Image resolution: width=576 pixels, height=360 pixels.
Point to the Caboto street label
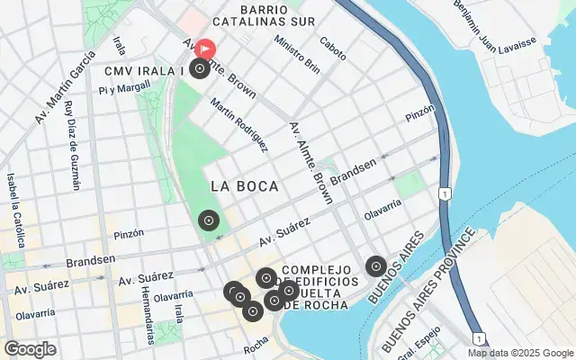[x=332, y=48]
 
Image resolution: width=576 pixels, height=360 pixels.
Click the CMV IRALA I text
[x=144, y=70]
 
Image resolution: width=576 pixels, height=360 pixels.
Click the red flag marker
[x=205, y=48]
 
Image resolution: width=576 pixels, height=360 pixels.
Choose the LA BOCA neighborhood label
[x=244, y=186]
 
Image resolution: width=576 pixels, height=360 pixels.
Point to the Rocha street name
[x=256, y=342]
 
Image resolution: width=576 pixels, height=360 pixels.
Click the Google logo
[x=30, y=348]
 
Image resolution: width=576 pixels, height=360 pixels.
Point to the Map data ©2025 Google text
[x=519, y=353]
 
